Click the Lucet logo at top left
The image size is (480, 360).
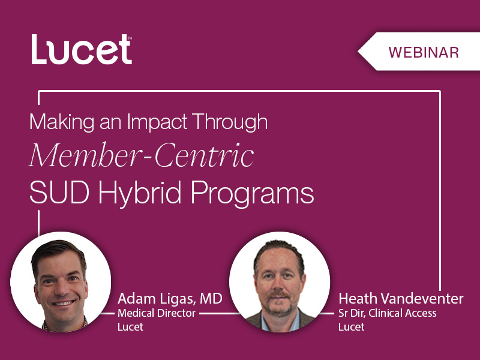point(81,50)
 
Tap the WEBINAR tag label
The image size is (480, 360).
point(424,52)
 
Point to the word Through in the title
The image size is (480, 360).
point(234,122)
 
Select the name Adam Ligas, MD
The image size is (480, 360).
point(170,298)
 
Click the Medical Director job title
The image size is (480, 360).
point(157,313)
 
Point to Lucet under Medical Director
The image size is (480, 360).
point(130,327)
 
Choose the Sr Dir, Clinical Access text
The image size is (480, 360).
point(388,313)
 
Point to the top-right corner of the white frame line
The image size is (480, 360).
point(440,92)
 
